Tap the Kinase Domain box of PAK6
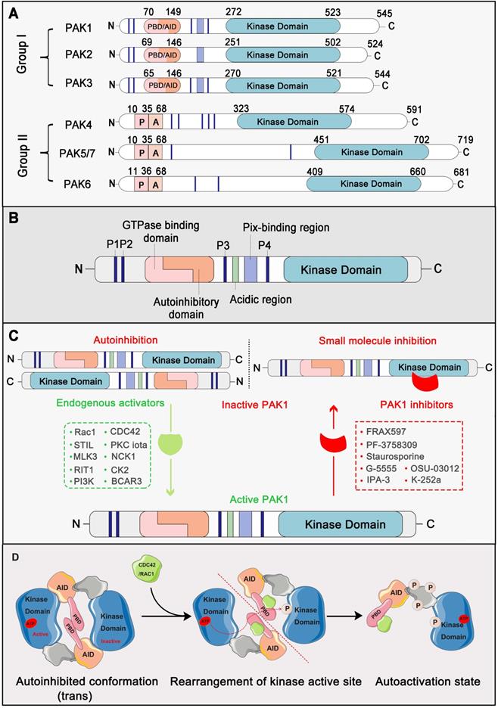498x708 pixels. point(370,183)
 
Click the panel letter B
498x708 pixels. point(13,216)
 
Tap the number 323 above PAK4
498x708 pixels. point(242,109)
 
